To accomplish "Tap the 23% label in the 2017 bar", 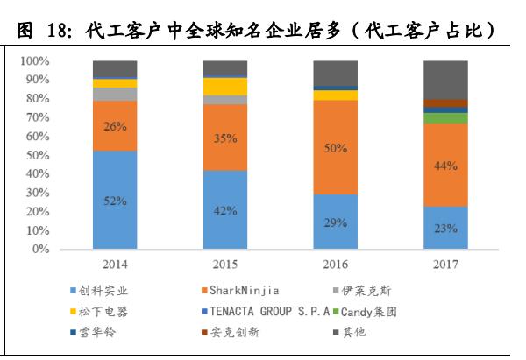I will coord(445,229).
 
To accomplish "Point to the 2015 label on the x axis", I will coord(225,264).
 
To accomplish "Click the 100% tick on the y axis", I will coord(36,61).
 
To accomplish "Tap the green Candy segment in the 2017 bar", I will coord(445,118).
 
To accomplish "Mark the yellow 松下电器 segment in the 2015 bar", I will coord(225,86).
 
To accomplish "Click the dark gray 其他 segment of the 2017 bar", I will coord(445,79).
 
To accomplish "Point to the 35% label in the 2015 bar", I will coord(225,138).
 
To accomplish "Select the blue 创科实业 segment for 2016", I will coord(336,222).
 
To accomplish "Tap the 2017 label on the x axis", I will coord(445,264).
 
